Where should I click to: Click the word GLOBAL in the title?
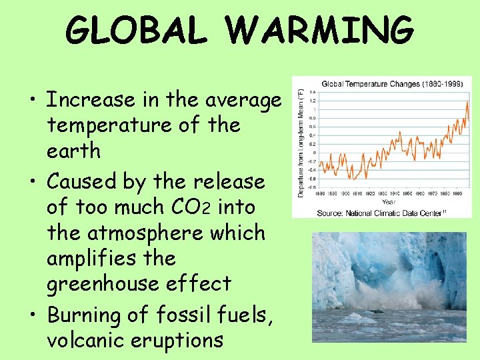(x=136, y=31)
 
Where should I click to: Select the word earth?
(x=73, y=151)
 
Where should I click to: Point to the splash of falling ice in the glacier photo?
(x=393, y=293)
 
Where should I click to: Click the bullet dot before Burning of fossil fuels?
(x=33, y=315)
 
